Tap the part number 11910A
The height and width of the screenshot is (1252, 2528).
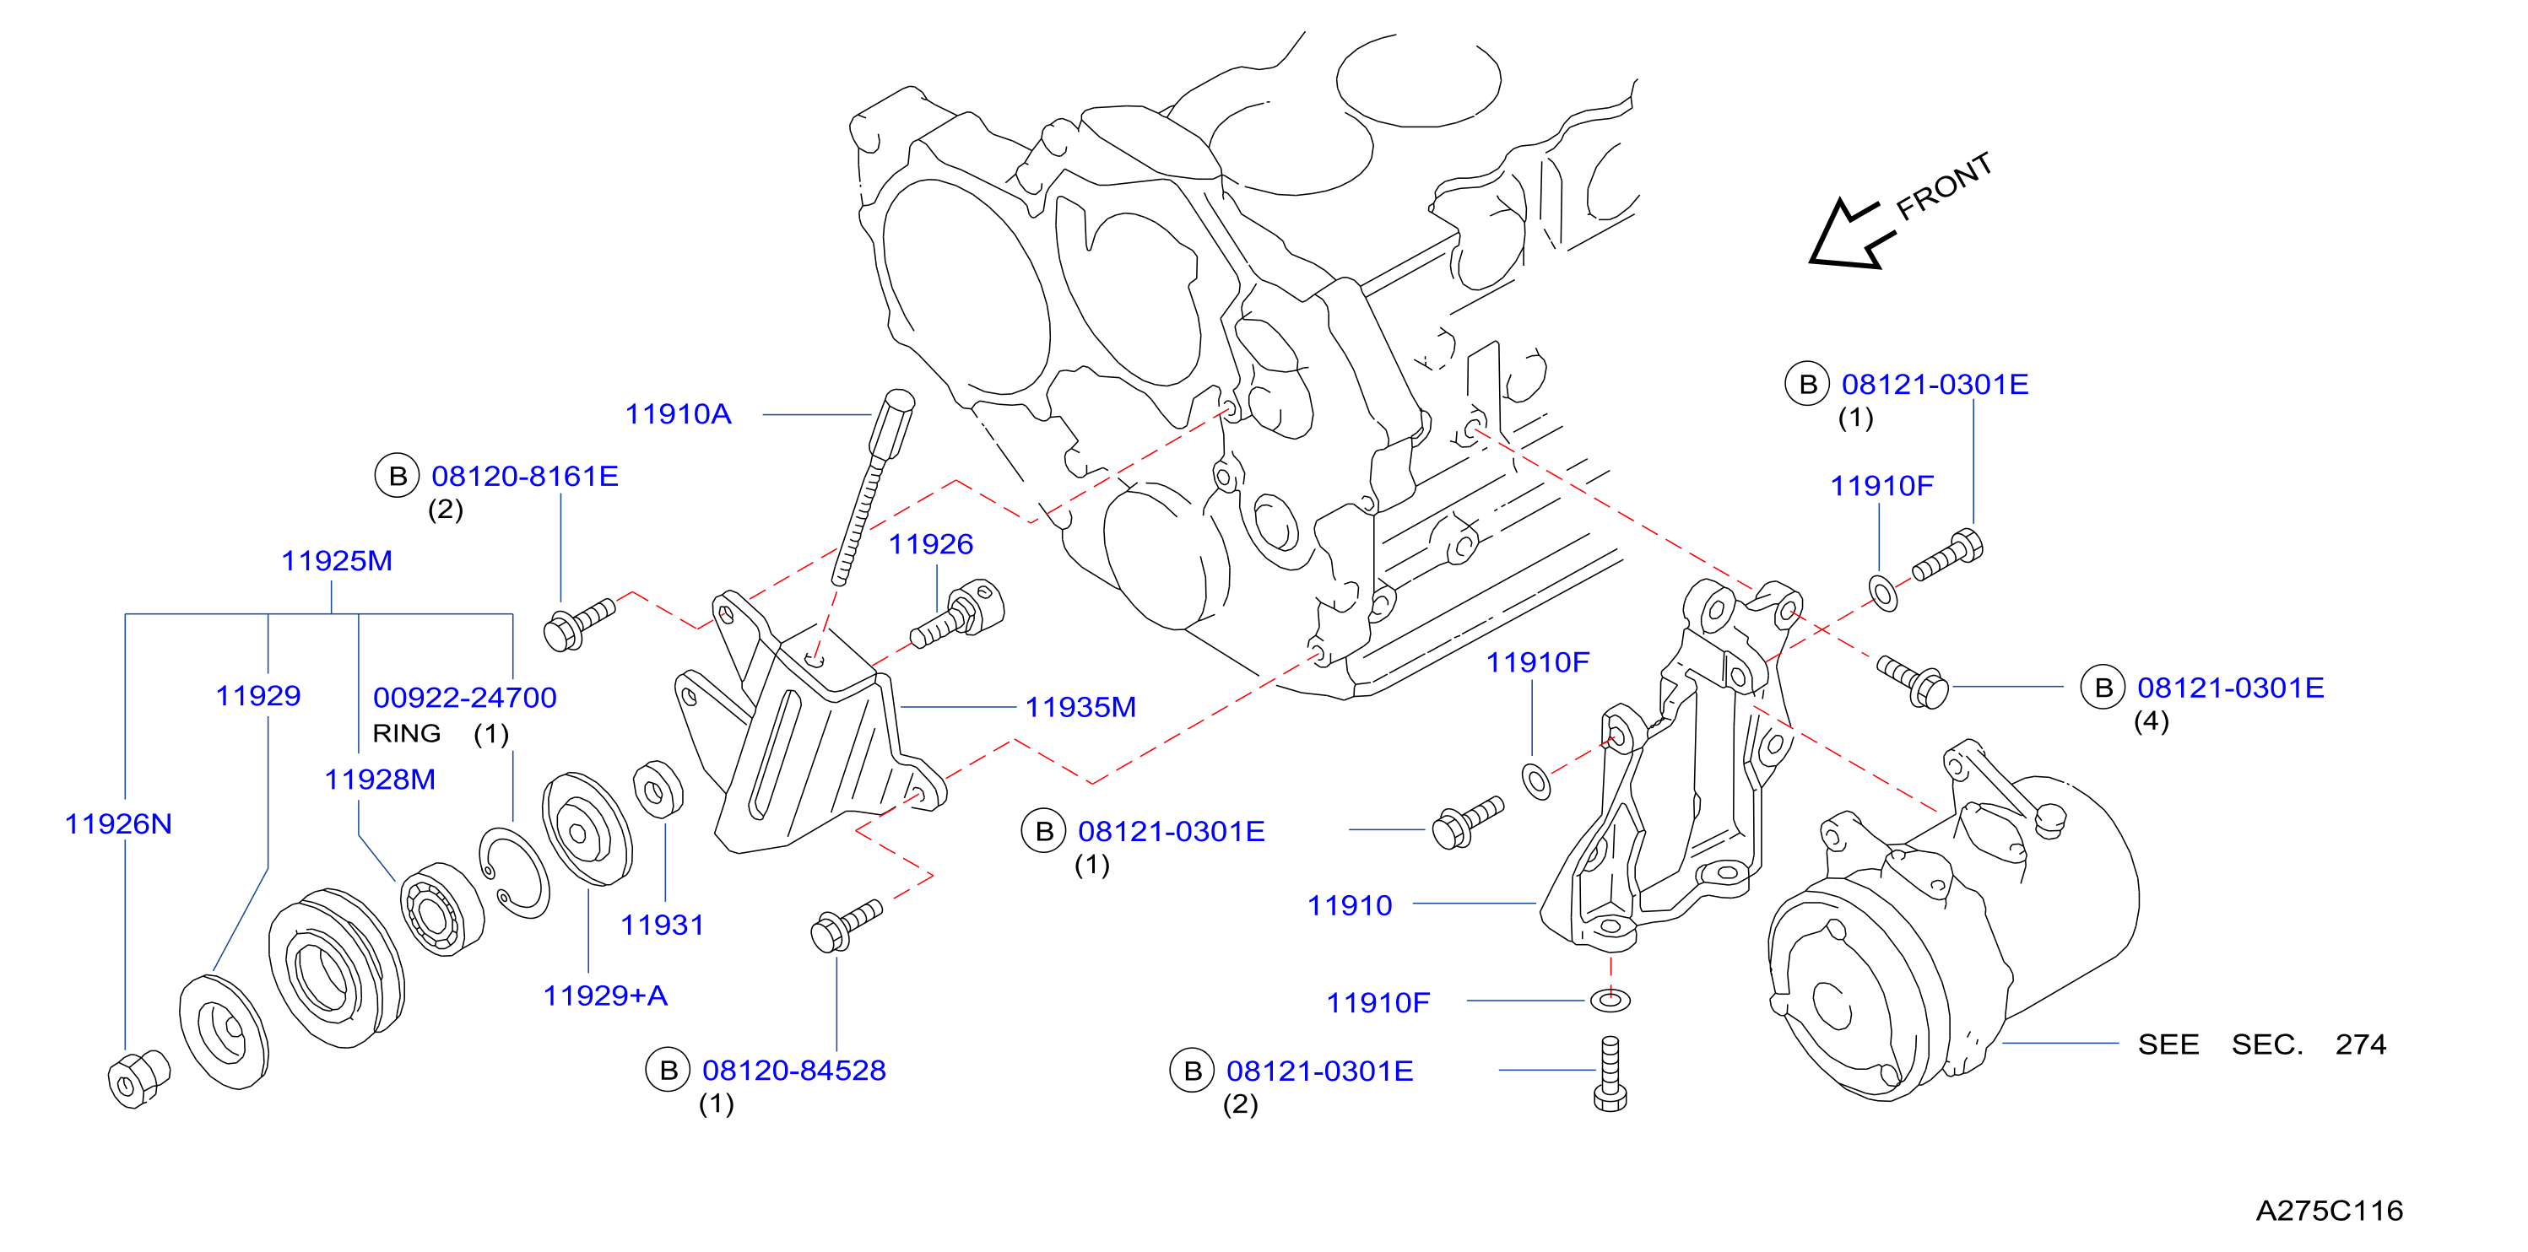(678, 414)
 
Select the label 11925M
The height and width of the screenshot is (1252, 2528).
(337, 560)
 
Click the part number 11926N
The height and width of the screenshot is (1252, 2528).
(118, 823)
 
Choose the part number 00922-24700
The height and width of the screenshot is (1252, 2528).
(465, 698)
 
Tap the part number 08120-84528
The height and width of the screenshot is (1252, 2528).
(794, 1070)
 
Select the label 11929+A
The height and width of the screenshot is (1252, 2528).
(605, 995)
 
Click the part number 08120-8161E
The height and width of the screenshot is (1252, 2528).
(525, 476)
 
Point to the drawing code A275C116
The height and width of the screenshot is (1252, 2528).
(2329, 1210)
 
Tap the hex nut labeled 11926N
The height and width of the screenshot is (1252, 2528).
(138, 1078)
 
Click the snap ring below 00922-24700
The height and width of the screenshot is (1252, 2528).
(514, 872)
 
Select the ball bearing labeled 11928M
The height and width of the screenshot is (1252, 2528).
(441, 908)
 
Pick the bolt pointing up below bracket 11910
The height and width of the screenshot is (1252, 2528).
(1610, 1074)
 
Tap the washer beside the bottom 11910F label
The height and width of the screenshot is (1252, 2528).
(1610, 1000)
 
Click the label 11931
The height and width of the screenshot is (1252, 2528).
(663, 925)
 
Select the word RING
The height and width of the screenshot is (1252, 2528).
(406, 733)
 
